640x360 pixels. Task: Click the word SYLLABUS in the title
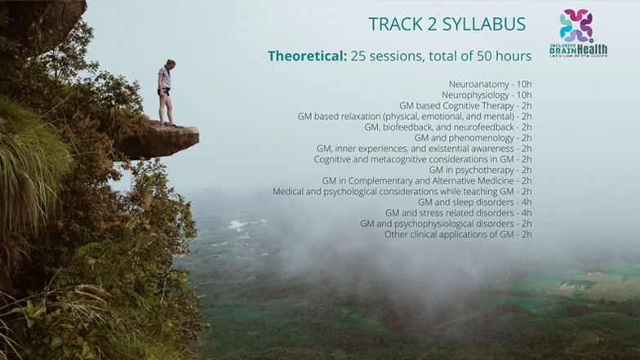[x=483, y=24]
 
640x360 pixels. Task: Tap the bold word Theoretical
[x=307, y=56]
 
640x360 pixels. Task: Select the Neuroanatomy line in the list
[x=490, y=84]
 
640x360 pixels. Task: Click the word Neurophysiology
[x=475, y=95]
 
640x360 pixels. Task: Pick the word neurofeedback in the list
[x=485, y=127]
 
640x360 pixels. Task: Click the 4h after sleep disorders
[x=527, y=202]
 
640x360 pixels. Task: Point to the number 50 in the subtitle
[x=484, y=56]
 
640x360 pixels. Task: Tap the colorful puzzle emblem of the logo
[x=576, y=25]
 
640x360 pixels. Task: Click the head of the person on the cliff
[x=170, y=64]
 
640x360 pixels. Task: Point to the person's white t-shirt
[x=165, y=78]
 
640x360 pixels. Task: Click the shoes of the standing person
[x=168, y=125]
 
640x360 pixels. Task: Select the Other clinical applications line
[x=458, y=234]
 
